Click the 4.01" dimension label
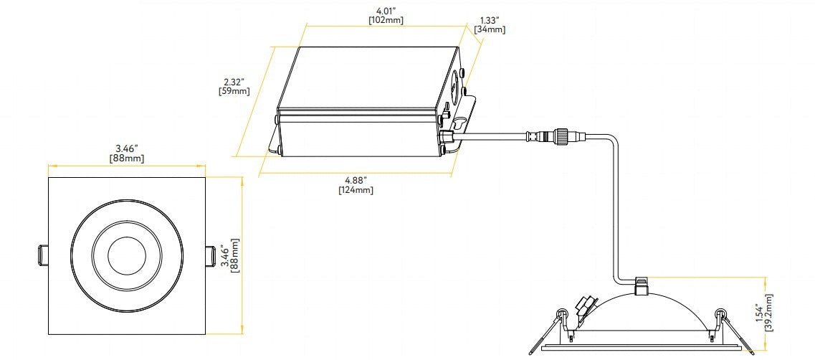tap(385, 10)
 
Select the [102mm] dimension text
tap(386, 20)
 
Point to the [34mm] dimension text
tap(490, 29)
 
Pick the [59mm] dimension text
tap(234, 91)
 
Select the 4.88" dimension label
tap(356, 179)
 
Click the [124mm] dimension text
tap(356, 189)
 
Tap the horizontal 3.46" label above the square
tap(126, 147)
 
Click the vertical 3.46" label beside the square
tap(225, 255)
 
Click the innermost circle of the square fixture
tap(126, 255)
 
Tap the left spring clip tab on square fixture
tap(42, 255)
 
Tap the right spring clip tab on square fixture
tap(210, 255)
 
